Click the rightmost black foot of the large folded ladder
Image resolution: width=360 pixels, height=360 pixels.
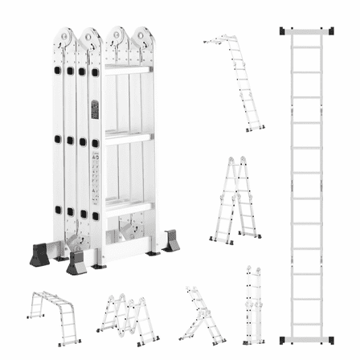pos(170,242)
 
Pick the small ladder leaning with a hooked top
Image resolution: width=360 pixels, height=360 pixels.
pos(236,80)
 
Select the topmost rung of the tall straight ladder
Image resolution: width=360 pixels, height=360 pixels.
pos(307,46)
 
